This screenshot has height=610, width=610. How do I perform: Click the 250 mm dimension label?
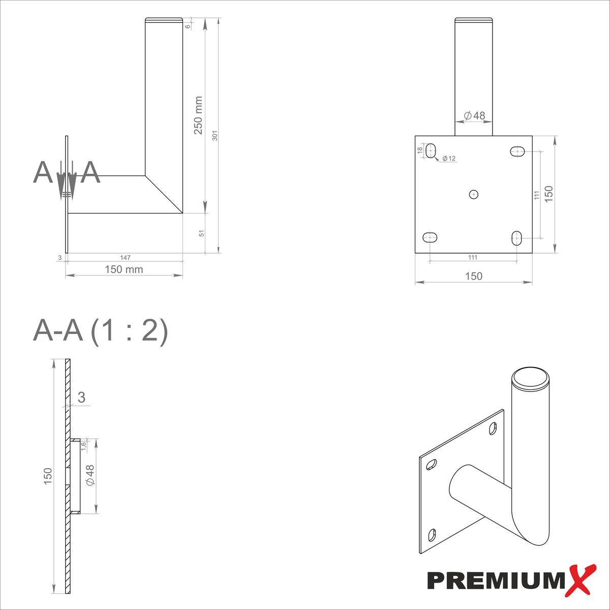(x=198, y=115)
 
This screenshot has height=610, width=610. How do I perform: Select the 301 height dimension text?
(x=215, y=136)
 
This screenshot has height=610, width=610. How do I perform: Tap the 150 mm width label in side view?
(x=124, y=269)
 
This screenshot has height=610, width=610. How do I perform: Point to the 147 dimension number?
(x=125, y=258)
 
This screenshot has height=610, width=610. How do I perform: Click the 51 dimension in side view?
(x=201, y=233)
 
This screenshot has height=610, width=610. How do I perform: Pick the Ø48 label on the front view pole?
(x=474, y=116)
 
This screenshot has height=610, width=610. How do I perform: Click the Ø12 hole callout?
(x=448, y=159)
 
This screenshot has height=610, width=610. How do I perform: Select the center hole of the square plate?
(x=474, y=194)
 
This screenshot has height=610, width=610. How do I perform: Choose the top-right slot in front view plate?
(x=517, y=151)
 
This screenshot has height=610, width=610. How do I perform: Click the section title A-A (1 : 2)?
(x=100, y=332)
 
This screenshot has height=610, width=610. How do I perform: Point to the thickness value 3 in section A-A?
(x=81, y=398)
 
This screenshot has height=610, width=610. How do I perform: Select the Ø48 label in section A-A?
(x=90, y=475)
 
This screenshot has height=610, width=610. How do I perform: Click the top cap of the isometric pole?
(x=530, y=378)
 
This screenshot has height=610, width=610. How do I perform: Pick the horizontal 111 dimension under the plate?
(x=473, y=257)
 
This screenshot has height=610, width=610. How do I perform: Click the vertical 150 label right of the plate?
(x=548, y=194)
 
